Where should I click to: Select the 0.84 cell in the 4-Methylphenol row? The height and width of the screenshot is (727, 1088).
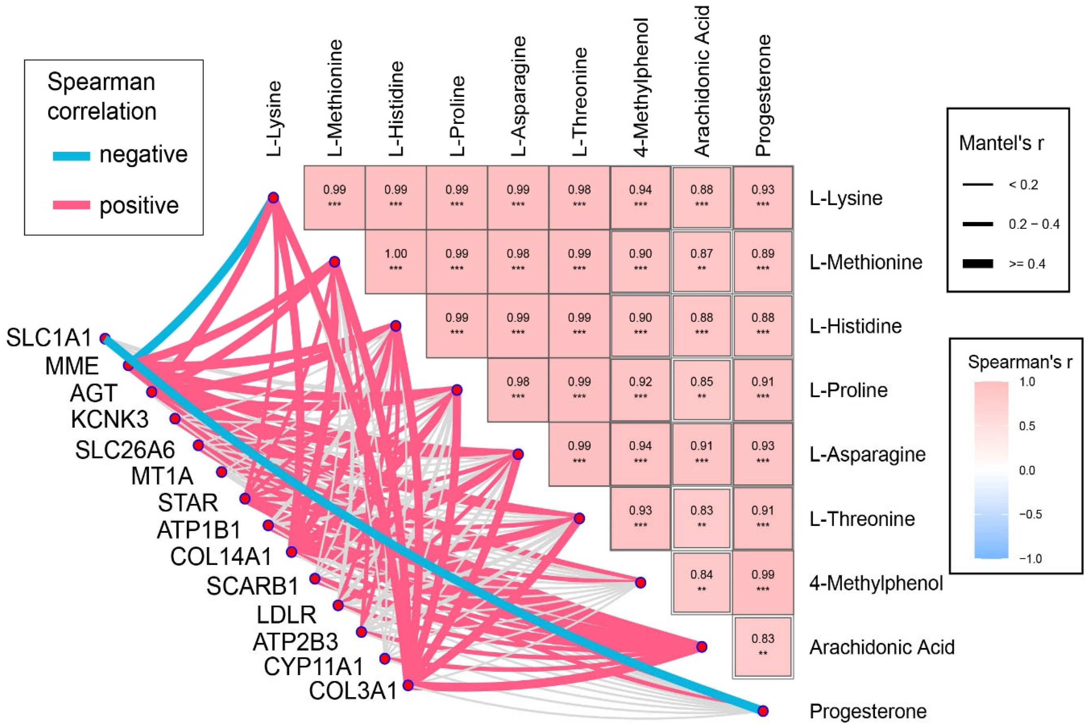click(x=701, y=582)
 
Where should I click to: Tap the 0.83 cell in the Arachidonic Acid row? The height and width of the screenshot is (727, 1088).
click(x=762, y=646)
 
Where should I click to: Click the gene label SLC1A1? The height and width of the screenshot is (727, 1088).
click(x=49, y=339)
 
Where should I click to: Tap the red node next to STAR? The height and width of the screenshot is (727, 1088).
click(x=245, y=499)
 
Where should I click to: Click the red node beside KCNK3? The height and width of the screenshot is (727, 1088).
click(x=175, y=419)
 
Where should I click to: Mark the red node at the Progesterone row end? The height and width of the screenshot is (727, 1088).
click(x=762, y=711)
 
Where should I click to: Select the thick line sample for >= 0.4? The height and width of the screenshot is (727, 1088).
click(x=978, y=264)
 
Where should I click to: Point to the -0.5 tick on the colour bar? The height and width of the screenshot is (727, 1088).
click(x=1031, y=515)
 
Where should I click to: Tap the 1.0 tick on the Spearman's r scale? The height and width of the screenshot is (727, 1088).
click(x=1027, y=382)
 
